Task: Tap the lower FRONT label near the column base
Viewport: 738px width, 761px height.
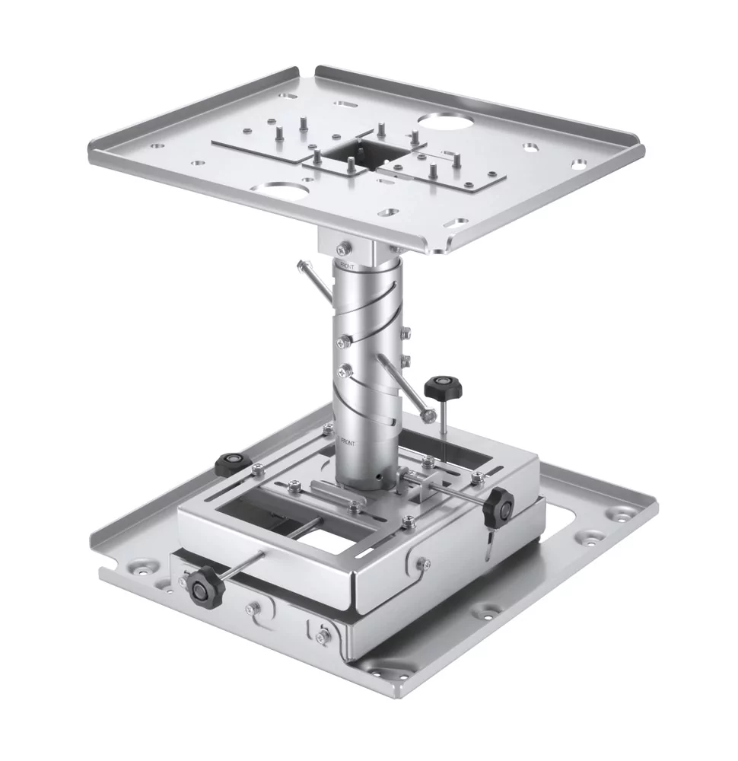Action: [x=348, y=441]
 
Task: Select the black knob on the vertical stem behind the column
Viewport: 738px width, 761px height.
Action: [x=443, y=390]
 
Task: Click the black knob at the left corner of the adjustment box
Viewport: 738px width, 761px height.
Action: [x=233, y=462]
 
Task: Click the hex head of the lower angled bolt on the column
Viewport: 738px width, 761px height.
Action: [x=430, y=416]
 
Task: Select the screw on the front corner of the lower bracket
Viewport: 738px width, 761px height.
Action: [x=323, y=635]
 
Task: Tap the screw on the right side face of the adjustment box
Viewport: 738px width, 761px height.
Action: [x=423, y=563]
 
